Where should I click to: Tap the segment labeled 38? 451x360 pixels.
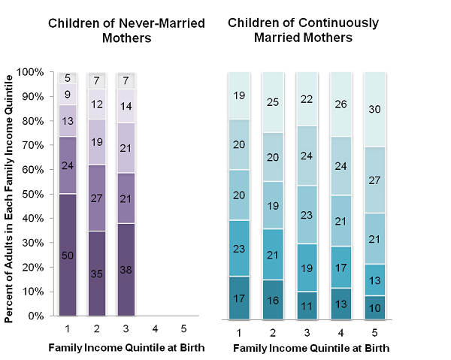click(x=126, y=269)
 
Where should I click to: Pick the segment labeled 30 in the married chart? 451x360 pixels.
click(x=374, y=110)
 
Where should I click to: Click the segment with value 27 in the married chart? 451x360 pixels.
click(x=374, y=180)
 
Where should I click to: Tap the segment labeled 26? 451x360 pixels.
click(x=340, y=104)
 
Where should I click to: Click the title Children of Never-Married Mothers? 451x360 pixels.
click(x=126, y=29)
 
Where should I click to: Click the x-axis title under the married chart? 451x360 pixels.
click(x=311, y=349)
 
